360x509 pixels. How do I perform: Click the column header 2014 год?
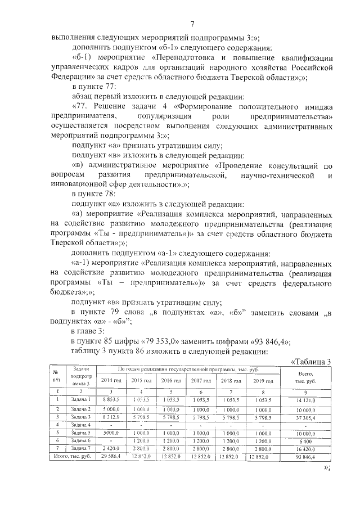click(111, 381)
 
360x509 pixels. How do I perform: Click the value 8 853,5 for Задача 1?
click(111, 399)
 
